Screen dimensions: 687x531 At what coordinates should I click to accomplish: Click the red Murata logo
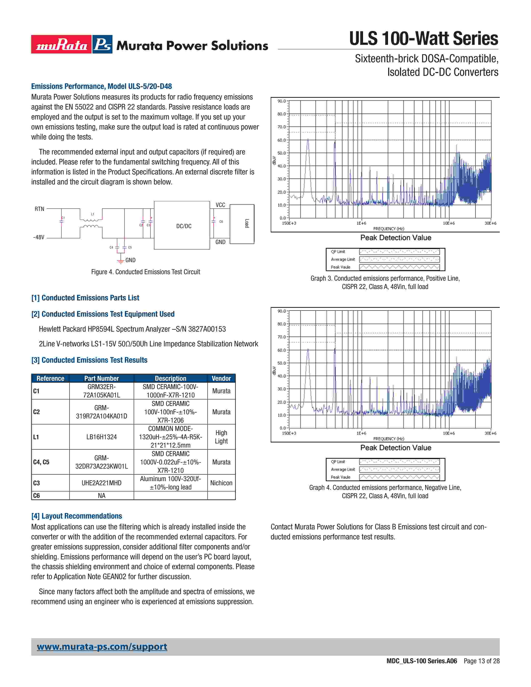pos(61,44)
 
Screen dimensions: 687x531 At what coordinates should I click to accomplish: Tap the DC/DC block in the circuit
pos(184,226)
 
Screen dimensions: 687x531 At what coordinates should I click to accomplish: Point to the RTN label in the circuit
pos(39,209)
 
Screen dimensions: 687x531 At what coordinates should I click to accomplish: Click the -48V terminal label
pos(39,237)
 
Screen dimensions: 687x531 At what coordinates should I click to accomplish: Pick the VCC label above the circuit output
pos(220,205)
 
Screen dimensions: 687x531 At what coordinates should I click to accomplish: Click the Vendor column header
pos(221,378)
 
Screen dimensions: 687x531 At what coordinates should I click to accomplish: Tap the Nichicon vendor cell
pos(221,483)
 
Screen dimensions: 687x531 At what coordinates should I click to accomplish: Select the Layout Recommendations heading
pos(76,516)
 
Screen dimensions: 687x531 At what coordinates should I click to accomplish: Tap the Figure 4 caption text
pos(145,272)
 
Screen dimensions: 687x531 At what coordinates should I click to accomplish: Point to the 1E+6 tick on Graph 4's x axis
pos(361,433)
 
